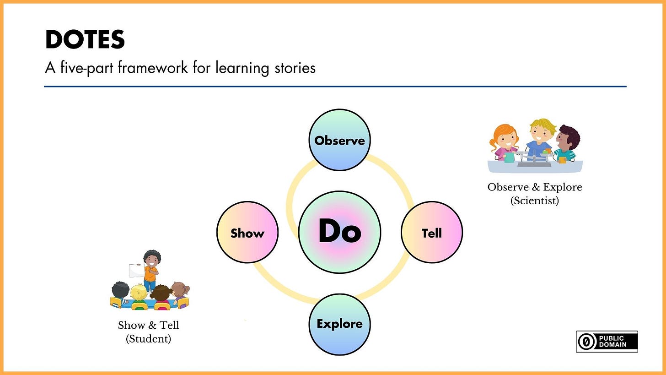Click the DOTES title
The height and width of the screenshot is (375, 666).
coord(85,40)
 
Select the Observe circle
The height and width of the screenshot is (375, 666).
coord(339,140)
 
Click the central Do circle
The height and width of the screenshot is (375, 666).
coord(339,232)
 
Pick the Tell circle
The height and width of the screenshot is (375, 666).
coord(431,233)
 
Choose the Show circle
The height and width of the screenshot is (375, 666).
coord(247,233)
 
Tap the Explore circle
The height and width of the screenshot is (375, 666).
coord(339,324)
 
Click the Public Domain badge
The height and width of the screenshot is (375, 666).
coord(607,342)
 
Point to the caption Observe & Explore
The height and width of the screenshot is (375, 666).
coord(534,187)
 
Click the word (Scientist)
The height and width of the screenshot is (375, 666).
coord(534,201)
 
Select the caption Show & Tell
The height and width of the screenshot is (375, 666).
coord(148,325)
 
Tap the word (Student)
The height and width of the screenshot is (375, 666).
coord(148,339)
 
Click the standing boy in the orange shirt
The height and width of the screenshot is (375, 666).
coord(151,270)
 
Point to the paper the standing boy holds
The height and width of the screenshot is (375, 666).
coord(136,271)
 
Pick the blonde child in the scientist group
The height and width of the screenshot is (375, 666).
coord(540,137)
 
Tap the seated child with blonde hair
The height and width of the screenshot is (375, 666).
coord(138,295)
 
